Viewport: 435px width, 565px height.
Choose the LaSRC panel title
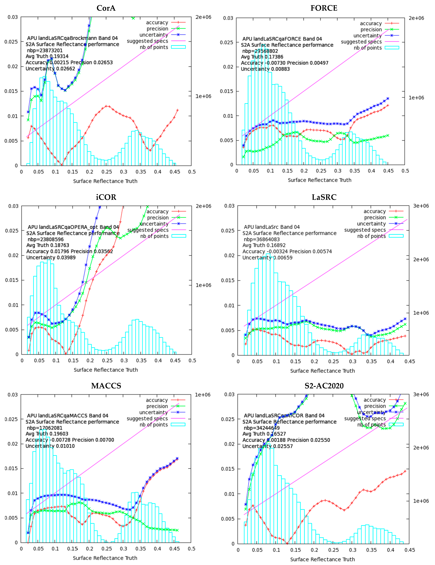(x=324, y=197)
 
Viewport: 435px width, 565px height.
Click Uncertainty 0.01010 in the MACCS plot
(x=50, y=446)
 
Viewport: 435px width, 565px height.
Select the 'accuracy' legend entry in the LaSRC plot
(x=374, y=211)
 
